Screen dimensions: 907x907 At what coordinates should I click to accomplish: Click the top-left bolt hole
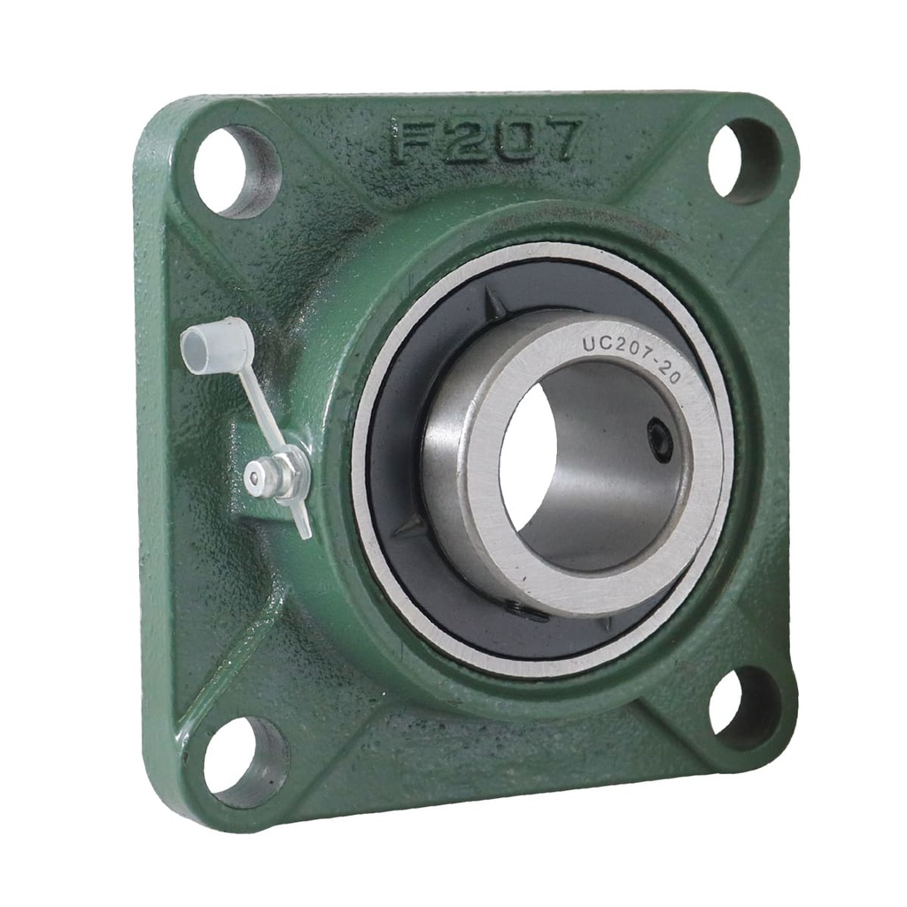232,171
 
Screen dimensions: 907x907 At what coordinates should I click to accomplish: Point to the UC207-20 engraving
631,356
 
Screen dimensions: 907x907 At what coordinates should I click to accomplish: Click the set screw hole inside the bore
660,440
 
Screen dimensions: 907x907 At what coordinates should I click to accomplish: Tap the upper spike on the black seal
497,306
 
